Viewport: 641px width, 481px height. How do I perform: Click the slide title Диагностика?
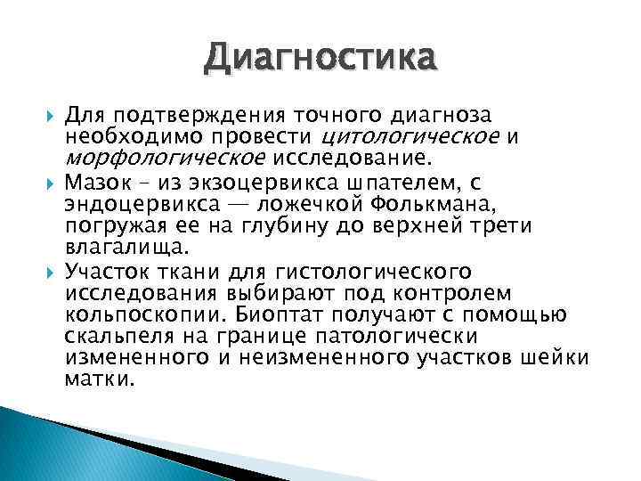click(320, 61)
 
